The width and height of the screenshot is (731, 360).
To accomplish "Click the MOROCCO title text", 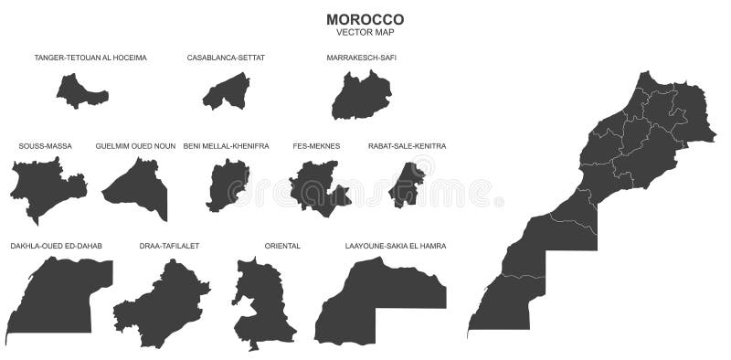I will [365, 19].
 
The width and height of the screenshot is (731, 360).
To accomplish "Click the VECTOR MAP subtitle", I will [365, 33].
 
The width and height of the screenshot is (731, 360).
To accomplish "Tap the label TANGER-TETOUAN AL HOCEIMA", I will [90, 58].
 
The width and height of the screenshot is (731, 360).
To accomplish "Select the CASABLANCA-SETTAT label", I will [226, 58].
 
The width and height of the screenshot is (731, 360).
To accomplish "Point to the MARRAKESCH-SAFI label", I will [361, 58].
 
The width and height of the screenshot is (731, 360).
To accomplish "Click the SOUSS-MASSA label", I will [45, 146].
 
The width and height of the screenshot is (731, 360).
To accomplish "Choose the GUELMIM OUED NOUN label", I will [135, 146].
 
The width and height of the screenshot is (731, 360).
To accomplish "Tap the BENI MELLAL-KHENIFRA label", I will [226, 146].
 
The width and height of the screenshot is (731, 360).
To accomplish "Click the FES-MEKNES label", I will [316, 146].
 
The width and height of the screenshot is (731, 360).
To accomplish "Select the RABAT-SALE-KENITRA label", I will [407, 146].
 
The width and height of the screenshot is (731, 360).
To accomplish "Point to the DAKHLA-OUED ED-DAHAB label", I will [57, 246].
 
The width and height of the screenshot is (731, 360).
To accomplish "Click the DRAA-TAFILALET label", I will [169, 246].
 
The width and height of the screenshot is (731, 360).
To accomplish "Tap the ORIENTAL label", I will [282, 246].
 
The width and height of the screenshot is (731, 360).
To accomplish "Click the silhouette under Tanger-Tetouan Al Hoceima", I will [80, 92].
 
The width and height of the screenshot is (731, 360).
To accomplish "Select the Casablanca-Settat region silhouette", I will [227, 91].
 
